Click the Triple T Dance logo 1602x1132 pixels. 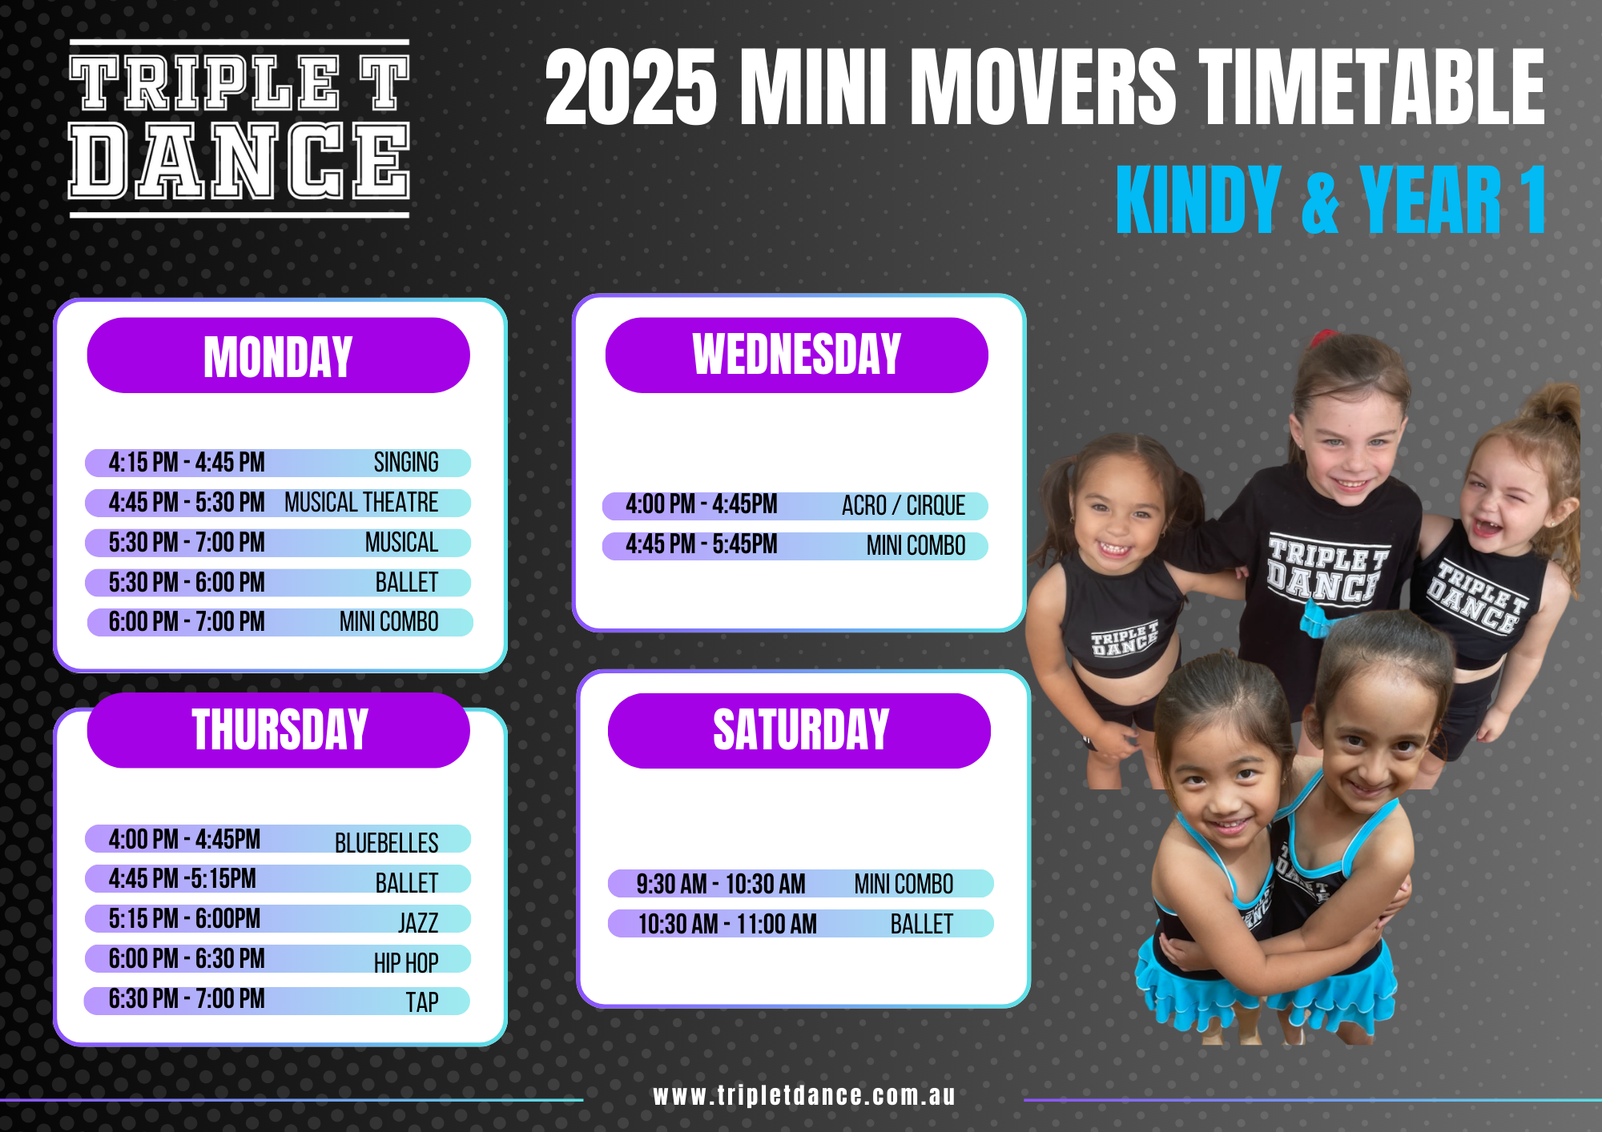(x=239, y=128)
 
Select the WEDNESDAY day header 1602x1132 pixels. (x=797, y=355)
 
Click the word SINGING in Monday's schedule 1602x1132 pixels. (x=406, y=463)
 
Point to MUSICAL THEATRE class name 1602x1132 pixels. (x=361, y=503)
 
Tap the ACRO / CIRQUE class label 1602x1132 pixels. (x=904, y=506)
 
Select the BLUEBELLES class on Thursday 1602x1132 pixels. (x=386, y=843)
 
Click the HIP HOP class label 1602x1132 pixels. (x=406, y=962)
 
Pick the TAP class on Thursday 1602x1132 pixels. (x=422, y=1002)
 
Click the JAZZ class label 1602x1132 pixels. (x=418, y=923)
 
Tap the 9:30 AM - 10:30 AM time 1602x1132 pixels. (x=721, y=884)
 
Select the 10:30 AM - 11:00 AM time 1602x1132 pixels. (x=727, y=924)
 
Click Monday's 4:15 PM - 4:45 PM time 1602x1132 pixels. (x=187, y=463)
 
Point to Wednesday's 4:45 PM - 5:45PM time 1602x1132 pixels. (x=702, y=545)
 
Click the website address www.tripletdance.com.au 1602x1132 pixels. (x=804, y=1095)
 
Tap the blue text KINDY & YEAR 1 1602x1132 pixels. (x=1330, y=200)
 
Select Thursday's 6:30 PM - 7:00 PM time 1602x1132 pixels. (x=187, y=999)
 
